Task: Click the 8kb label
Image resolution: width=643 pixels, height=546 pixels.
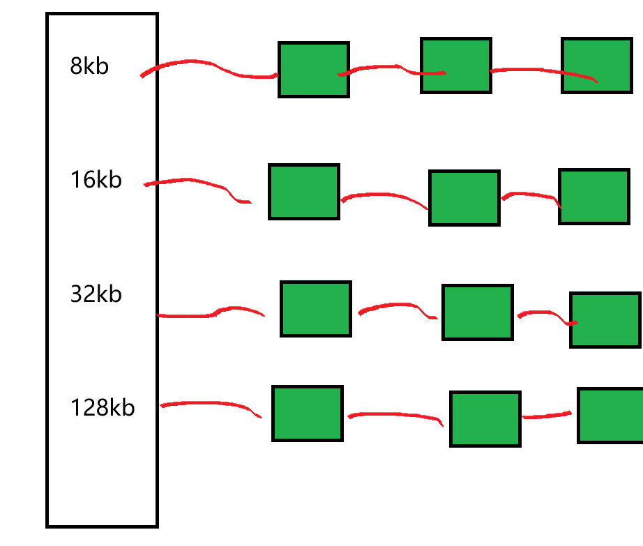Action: coord(89,66)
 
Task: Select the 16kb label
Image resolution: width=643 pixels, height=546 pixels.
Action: coord(96,180)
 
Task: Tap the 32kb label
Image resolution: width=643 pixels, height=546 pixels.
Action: coord(96,294)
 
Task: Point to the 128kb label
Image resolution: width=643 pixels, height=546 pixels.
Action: coord(103,407)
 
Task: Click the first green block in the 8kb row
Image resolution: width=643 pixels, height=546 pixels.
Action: coord(313,69)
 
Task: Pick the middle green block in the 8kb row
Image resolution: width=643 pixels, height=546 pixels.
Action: coord(456,66)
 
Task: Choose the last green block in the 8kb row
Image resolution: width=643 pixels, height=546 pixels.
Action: coord(597,66)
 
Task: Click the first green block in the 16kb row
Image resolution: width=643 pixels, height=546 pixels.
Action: coord(304,192)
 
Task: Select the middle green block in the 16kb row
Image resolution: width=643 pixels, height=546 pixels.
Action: coord(464,198)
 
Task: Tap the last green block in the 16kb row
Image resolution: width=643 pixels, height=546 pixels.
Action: coord(594,197)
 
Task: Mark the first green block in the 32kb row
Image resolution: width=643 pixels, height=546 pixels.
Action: coord(315,309)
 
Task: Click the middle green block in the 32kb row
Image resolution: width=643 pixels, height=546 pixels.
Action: coord(478,312)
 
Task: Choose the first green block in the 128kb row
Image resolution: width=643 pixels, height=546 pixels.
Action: coord(308,414)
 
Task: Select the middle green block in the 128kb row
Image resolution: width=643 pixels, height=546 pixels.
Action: coord(485,418)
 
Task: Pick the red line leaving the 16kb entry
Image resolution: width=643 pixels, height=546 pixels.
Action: coord(195,181)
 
